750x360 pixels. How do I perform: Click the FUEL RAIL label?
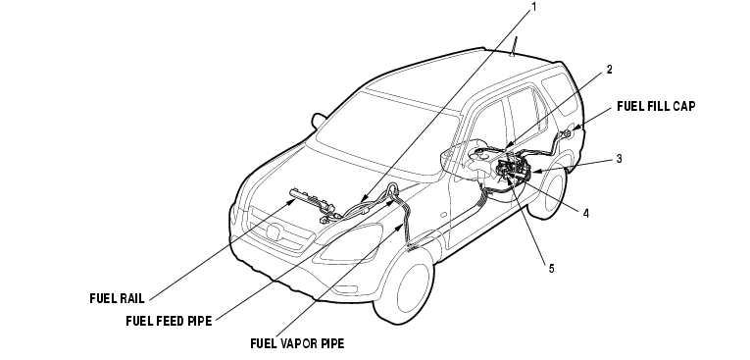tap(117, 298)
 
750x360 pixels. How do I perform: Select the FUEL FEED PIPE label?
tap(169, 321)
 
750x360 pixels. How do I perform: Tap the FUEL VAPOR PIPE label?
tap(297, 343)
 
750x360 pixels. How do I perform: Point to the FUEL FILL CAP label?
tap(656, 106)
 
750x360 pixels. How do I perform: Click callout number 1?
tap(533, 7)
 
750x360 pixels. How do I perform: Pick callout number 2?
tap(609, 70)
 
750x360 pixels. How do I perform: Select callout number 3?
tap(619, 159)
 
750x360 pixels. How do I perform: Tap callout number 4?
tap(586, 214)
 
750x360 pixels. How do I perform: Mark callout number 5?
tap(551, 269)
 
